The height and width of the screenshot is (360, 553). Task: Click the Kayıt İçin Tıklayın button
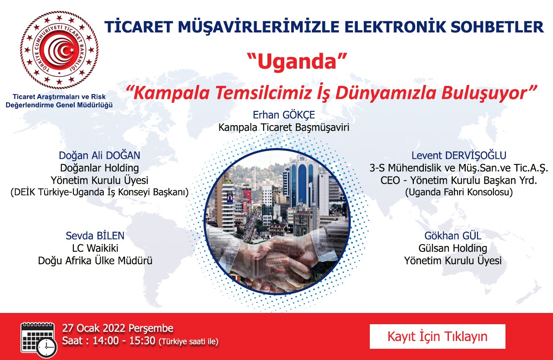point(438,336)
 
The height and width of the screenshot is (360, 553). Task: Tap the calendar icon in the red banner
point(39,340)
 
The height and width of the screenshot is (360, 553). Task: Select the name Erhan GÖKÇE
point(284,115)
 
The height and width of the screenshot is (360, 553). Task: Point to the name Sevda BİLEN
point(95,236)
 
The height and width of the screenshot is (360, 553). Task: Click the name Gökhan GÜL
point(453,236)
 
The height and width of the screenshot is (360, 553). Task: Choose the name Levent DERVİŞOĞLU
point(459,155)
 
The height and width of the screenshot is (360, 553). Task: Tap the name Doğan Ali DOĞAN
point(99,155)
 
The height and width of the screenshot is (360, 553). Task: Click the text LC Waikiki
point(95,248)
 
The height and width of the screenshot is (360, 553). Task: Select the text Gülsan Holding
point(453,248)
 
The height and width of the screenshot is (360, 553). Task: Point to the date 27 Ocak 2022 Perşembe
point(118,328)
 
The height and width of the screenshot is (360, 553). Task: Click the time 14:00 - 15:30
point(124,341)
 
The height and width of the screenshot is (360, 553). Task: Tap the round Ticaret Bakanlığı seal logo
point(59,50)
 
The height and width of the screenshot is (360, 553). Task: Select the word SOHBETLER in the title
point(497,27)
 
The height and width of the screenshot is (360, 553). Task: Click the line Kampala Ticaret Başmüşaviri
point(284,127)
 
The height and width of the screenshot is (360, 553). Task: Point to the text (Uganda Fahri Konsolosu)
point(459,192)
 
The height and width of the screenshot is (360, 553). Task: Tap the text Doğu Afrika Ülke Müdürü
point(95,261)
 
